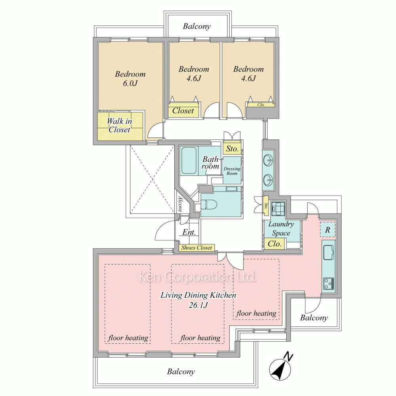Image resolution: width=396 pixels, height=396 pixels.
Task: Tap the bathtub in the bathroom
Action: tap(189, 160)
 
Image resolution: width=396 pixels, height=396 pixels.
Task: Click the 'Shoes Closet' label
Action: tap(197, 248)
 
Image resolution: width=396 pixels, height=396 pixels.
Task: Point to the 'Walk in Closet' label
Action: tap(119, 125)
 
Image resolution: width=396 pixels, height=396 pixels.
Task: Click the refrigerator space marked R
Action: tap(327, 230)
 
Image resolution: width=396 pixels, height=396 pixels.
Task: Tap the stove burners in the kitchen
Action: tap(329, 284)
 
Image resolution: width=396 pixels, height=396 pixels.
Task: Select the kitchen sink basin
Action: tap(328, 252)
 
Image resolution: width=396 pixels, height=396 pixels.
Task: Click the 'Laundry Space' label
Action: tap(281, 228)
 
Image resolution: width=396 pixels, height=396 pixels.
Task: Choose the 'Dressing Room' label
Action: tap(232, 171)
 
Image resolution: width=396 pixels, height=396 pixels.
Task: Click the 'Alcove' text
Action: tap(180, 204)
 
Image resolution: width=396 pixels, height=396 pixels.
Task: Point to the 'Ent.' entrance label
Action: tap(189, 232)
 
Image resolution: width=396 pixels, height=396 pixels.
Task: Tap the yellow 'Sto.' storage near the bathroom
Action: tap(232, 148)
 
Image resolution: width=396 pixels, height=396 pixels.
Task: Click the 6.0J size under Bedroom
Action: tap(130, 83)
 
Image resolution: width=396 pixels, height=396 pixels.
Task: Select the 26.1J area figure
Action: tap(198, 305)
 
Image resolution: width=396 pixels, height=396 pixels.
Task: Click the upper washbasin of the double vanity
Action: tap(268, 160)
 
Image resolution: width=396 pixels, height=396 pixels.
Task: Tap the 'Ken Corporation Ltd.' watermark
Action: tap(198, 276)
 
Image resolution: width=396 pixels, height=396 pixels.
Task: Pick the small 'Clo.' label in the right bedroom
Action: tap(261, 105)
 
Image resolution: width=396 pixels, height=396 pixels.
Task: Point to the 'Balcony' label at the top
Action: tap(197, 26)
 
